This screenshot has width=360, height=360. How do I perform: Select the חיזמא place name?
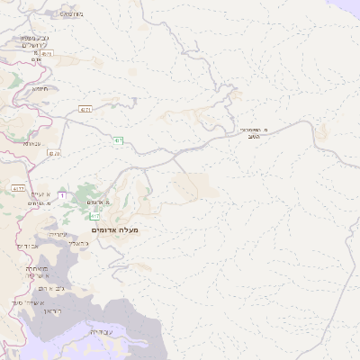tap(40, 89)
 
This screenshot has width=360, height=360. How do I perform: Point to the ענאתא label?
tap(32, 144)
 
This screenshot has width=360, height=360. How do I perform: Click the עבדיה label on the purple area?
tap(100, 332)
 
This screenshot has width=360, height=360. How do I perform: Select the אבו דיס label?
tap(29, 245)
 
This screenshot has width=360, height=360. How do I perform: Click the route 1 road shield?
tap(61, 194)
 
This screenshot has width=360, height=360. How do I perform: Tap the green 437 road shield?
tap(118, 139)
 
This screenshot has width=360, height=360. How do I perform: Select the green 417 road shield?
tap(94, 216)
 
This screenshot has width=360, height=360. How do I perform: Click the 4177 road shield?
tap(19, 188)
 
